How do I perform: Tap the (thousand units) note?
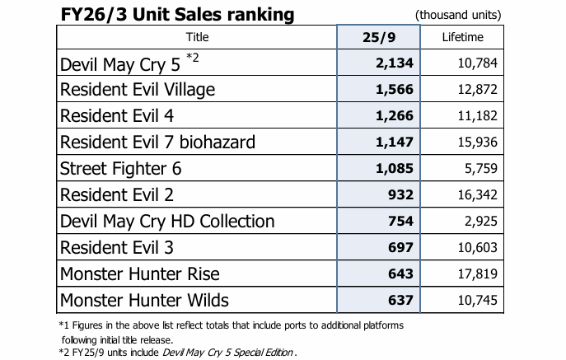coord(458,15)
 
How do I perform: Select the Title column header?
coord(198,37)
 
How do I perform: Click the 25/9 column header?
coord(379,37)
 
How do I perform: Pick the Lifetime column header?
coord(462,37)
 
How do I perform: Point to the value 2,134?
coord(394,63)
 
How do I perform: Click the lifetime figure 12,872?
coord(479,89)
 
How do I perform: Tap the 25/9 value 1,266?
coord(394,115)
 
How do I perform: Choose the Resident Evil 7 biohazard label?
coord(157,142)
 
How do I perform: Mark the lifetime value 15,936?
coord(479,142)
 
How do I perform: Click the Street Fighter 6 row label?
coord(120,168)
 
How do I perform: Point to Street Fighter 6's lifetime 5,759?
coord(482,168)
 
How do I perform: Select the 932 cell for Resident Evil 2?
coord(399,194)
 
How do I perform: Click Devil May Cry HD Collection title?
coord(167,221)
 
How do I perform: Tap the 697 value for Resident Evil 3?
coord(399,247)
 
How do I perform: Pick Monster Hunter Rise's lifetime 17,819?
coord(479,274)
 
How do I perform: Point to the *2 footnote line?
coord(178,353)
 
